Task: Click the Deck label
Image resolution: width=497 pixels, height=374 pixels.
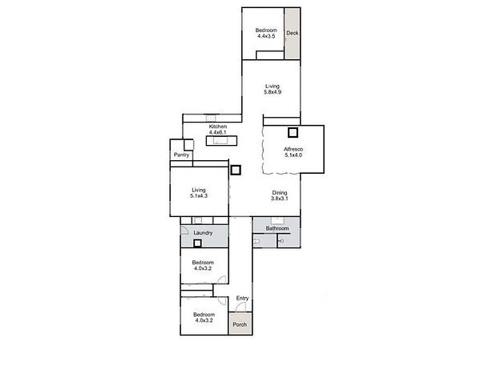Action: click(293, 33)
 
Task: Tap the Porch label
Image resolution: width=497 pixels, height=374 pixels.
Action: click(240, 324)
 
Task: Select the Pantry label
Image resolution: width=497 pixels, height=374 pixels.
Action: click(181, 155)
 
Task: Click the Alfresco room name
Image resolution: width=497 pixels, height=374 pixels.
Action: click(293, 149)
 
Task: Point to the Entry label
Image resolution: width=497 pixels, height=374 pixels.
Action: click(242, 298)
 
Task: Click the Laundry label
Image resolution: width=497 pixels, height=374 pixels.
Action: click(203, 233)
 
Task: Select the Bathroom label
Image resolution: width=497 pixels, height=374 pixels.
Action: click(277, 228)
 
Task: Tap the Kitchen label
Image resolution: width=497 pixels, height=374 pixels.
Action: click(218, 127)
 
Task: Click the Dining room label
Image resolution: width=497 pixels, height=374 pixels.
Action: click(280, 192)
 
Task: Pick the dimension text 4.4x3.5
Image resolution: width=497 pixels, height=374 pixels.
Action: click(266, 36)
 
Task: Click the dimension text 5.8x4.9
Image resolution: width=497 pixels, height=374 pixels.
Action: click(273, 92)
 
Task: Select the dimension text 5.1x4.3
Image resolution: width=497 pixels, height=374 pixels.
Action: click(199, 196)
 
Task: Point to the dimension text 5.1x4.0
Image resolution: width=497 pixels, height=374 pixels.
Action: click(293, 155)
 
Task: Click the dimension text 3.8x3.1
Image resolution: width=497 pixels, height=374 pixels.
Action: click(280, 199)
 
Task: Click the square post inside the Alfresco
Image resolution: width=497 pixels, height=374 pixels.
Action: click(293, 132)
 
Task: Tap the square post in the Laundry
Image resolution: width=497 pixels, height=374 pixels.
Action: click(197, 243)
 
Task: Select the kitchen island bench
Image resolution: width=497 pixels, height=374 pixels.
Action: click(221, 141)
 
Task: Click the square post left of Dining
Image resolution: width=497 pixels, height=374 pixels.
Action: click(236, 170)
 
